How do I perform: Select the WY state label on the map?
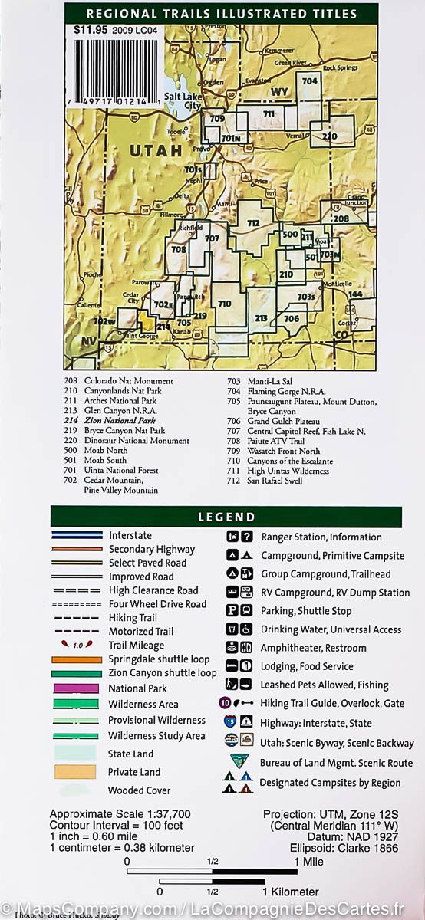pyautogui.click(x=279, y=92)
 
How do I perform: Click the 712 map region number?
pyautogui.click(x=254, y=223)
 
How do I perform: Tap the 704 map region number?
pyautogui.click(x=310, y=81)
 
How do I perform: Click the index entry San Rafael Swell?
pyautogui.click(x=275, y=481)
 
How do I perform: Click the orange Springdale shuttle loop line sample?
pyautogui.click(x=76, y=659)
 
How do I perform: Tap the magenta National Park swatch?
pyautogui.click(x=76, y=688)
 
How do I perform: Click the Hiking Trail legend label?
pyautogui.click(x=133, y=617)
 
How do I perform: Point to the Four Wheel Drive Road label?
pyautogui.click(x=157, y=604)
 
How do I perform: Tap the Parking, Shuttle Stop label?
pyautogui.click(x=306, y=611)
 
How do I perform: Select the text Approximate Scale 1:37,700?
pyautogui.click(x=120, y=814)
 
